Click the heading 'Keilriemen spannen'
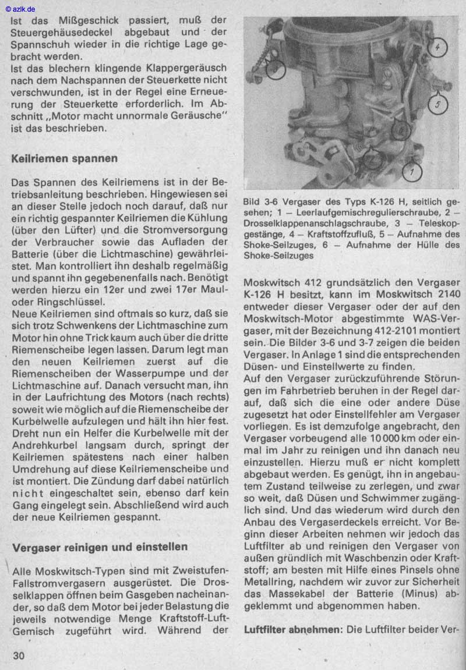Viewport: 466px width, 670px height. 64,158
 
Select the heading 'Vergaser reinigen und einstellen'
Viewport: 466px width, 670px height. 100,547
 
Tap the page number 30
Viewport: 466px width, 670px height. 18,655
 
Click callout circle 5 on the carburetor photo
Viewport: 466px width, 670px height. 437,104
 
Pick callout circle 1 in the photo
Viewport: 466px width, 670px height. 412,172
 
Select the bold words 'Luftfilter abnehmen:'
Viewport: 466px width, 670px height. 293,630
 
